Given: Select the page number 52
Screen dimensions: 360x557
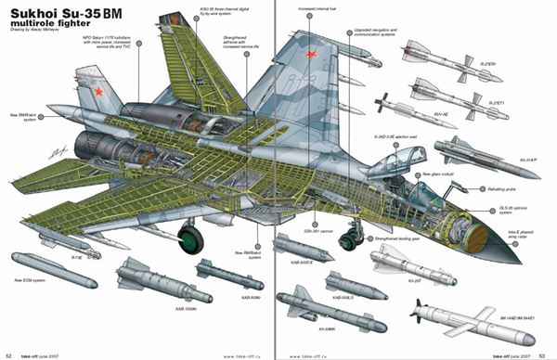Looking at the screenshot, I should pyautogui.click(x=9, y=354).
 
